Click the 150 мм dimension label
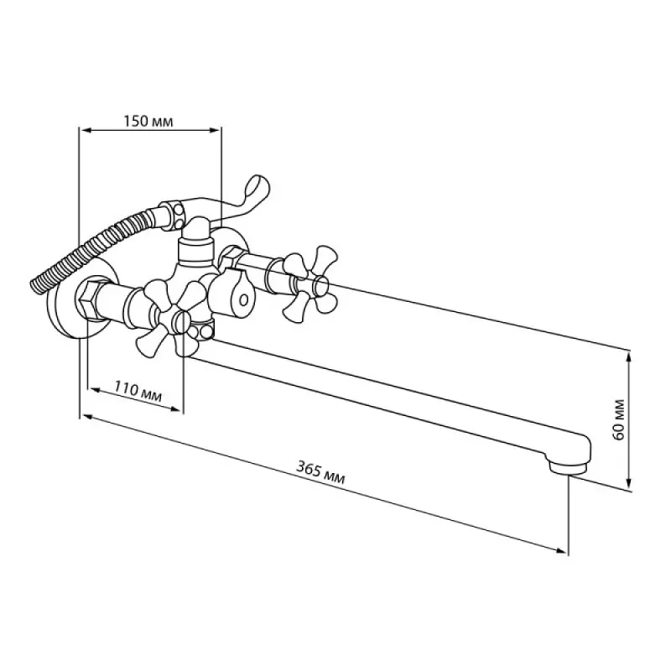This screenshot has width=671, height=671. (x=148, y=122)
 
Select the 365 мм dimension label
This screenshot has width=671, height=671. (x=320, y=472)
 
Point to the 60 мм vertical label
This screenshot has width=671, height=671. (x=618, y=420)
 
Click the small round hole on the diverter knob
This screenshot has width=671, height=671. (x=243, y=299)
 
